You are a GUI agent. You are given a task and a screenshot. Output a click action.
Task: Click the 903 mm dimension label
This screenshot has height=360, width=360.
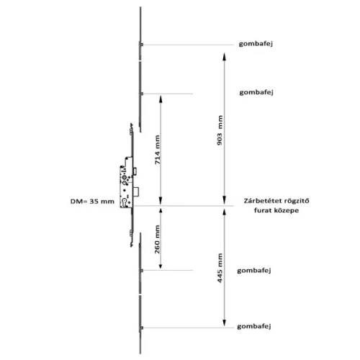(220, 130)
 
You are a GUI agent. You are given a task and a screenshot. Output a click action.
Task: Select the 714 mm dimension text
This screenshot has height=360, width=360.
(157, 150)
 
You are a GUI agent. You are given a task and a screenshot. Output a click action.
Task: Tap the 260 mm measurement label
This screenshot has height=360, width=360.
(157, 239)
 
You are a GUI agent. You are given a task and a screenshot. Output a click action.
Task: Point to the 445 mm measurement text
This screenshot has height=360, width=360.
(220, 268)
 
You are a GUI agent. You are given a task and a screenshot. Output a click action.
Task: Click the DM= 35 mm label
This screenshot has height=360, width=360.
(92, 202)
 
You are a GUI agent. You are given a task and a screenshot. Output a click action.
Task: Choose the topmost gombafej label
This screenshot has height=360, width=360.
(256, 44)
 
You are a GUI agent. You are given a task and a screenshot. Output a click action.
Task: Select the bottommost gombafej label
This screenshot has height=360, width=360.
(254, 326)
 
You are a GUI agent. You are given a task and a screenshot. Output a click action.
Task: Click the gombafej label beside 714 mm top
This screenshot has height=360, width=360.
(256, 92)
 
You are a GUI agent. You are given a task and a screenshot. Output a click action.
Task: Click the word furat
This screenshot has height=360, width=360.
(262, 210)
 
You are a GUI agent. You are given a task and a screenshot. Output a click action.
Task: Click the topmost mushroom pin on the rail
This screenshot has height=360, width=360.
(141, 45)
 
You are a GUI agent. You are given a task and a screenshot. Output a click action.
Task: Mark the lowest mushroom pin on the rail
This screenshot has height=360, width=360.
(141, 328)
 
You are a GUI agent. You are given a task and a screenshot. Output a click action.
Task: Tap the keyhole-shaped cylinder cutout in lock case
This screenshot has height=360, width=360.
(125, 202)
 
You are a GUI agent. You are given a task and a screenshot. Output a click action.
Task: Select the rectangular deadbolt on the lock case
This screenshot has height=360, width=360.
(136, 191)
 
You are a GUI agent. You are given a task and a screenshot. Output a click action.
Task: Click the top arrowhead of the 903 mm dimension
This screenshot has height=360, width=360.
(224, 57)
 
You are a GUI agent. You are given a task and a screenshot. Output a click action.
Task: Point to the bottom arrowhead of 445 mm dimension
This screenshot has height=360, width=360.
(224, 323)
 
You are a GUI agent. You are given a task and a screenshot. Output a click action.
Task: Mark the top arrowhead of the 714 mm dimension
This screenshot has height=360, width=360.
(161, 99)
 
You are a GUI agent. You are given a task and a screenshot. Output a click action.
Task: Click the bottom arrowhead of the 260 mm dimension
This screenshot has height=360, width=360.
(161, 265)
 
